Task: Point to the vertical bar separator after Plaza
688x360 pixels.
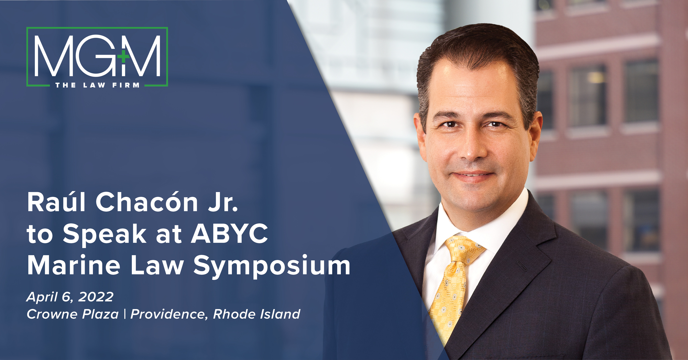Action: [x=125, y=314]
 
